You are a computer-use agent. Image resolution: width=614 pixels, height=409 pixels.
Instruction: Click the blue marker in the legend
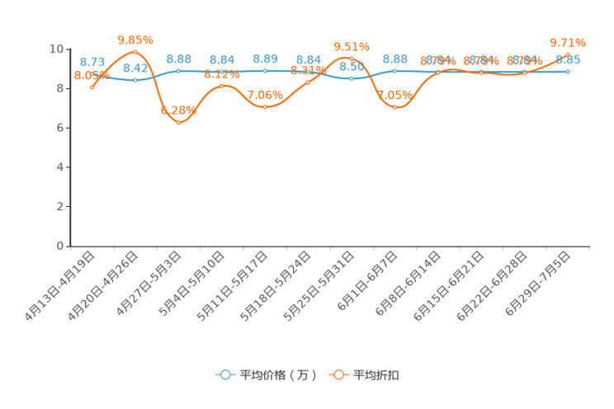(224, 374)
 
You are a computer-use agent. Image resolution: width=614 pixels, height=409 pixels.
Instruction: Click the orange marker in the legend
(338, 374)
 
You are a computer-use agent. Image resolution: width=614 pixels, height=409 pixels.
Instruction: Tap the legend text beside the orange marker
(376, 375)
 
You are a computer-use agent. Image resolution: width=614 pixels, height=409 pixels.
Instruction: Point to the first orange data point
(92, 85)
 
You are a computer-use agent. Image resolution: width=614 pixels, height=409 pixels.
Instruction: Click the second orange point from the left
(135, 51)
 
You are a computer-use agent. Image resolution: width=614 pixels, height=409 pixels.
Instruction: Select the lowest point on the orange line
(178, 123)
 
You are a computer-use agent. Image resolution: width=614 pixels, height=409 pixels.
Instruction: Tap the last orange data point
(568, 53)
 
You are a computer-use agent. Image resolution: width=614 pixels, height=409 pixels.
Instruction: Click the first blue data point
(92, 75)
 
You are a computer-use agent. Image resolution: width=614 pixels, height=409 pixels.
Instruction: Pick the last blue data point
(568, 72)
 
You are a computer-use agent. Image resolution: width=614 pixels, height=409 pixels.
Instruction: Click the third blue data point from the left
(178, 71)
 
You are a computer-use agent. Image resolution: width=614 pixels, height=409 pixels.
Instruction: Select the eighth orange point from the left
(394, 107)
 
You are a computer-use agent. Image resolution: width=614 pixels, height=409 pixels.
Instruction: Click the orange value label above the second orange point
(135, 38)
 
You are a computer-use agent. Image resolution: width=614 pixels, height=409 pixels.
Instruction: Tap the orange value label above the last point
(568, 41)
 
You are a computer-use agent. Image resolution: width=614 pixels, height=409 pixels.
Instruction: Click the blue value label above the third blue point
(179, 59)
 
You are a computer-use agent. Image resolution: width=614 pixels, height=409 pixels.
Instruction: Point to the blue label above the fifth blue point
(265, 58)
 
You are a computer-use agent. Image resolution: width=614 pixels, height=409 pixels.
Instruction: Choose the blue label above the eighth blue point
(395, 59)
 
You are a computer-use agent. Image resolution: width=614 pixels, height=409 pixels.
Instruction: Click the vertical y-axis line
(70, 148)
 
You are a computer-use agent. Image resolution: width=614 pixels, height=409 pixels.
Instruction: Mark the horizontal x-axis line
(330, 246)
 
